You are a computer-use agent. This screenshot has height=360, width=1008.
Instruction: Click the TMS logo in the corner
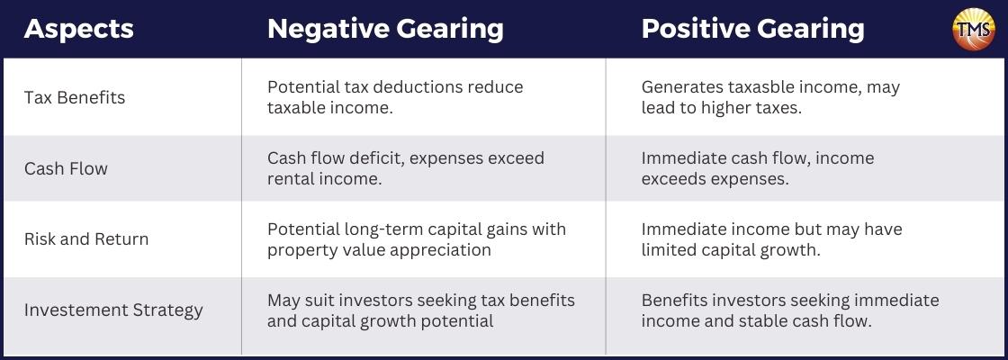[973, 29]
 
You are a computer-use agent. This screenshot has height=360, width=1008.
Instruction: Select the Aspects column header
[79, 29]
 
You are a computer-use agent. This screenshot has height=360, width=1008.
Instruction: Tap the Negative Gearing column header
[385, 30]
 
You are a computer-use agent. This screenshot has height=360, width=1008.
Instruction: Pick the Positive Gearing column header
[752, 30]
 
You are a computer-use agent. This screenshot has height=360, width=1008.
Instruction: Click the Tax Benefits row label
[75, 98]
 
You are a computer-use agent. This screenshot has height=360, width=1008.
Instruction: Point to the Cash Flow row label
[66, 168]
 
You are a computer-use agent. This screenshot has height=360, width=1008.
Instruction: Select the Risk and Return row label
[86, 239]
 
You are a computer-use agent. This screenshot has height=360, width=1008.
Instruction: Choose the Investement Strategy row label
[113, 310]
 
